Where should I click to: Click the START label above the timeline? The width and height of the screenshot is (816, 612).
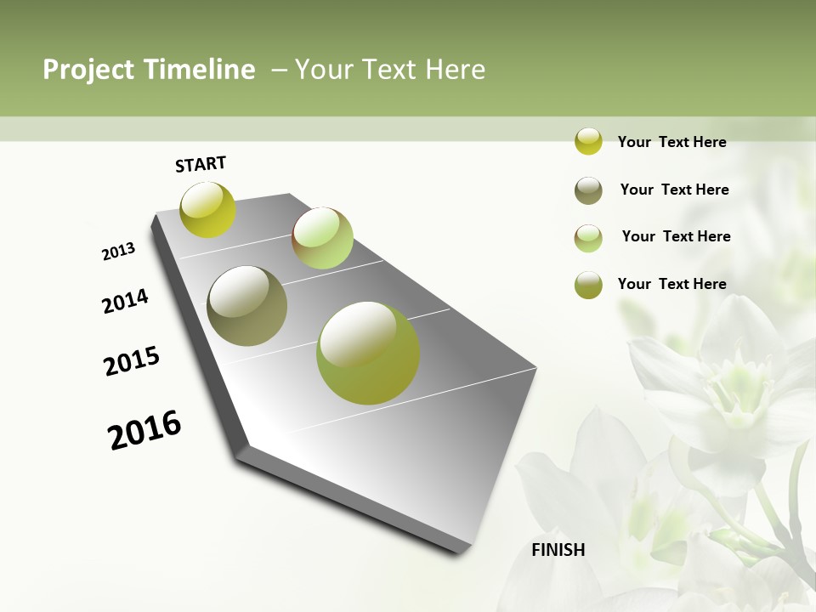point(201,164)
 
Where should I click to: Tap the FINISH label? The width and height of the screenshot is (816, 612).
point(558,550)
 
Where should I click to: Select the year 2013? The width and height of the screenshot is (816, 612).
point(119,252)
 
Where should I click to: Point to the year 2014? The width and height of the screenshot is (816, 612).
point(126,302)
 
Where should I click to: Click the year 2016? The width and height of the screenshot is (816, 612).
point(144,430)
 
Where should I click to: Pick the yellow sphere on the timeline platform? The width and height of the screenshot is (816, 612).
point(207,209)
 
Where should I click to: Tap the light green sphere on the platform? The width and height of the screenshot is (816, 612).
point(322,238)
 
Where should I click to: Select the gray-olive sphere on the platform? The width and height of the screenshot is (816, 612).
point(247,306)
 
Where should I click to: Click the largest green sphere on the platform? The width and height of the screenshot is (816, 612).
point(368,353)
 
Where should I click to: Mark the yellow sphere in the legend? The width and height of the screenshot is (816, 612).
point(588,141)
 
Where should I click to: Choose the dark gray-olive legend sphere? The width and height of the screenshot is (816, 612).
point(588,190)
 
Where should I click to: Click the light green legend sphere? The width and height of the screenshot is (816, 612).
point(588,238)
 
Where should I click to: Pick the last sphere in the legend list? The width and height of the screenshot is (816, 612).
point(588,285)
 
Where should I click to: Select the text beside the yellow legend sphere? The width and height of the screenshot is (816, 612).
point(671,143)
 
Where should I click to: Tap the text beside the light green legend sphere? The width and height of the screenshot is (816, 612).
point(676,236)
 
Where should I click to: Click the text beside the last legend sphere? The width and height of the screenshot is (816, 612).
point(671,284)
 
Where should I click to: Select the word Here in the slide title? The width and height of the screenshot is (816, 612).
point(455,70)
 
